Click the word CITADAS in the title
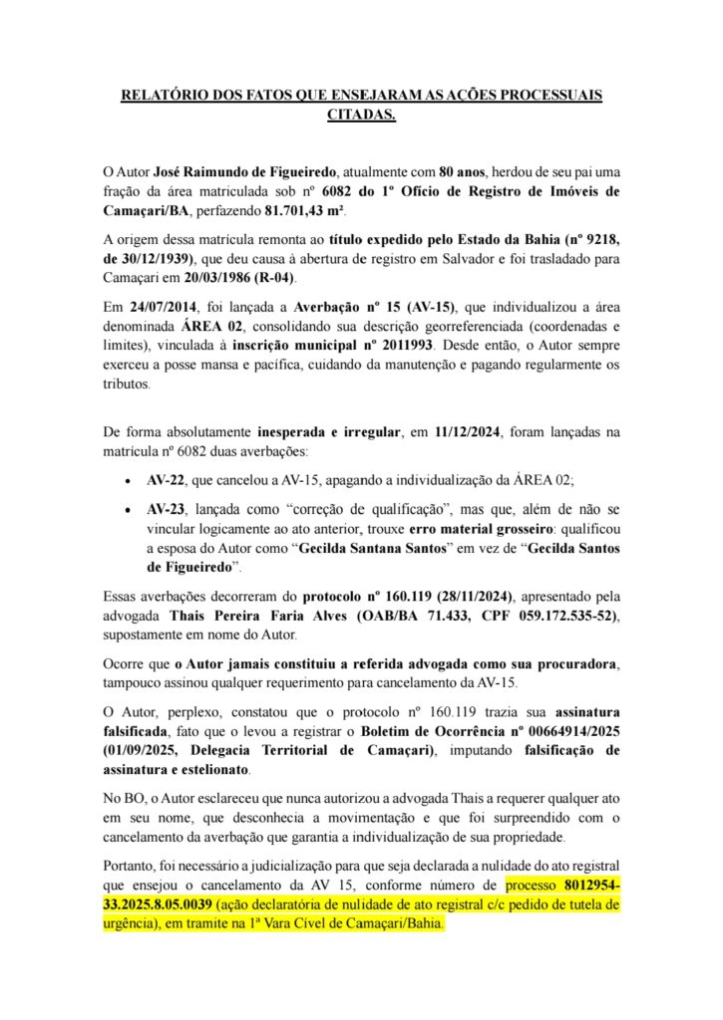[361, 116]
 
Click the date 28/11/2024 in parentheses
[472, 596]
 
